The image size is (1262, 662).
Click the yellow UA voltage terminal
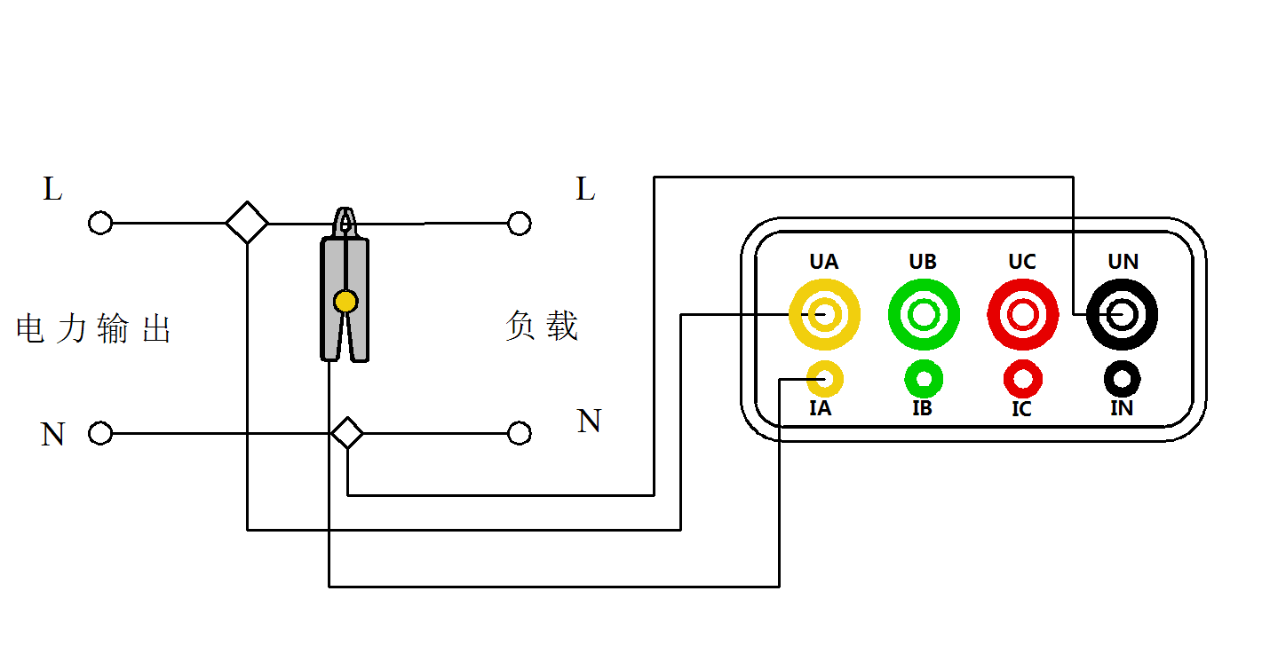825,313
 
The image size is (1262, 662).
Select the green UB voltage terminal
924,313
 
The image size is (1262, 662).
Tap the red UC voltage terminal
1022,313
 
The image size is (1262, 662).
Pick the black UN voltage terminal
1123,313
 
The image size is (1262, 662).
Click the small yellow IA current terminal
825,380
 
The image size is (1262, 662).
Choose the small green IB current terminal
924,380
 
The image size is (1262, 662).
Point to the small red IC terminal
1022,380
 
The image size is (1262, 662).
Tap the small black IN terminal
1123,380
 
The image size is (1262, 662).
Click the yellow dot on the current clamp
345,302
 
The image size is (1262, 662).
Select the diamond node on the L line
247,223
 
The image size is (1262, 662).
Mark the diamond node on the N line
347,434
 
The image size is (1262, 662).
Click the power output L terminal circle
100,223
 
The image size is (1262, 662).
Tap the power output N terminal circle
100,434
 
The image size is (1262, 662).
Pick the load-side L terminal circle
520,223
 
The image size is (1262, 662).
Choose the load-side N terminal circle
520,434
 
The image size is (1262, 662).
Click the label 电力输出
93,329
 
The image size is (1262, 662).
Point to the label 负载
542,327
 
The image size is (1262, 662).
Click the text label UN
1123,262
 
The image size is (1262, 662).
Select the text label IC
1022,409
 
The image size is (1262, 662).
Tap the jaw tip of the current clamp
345,218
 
